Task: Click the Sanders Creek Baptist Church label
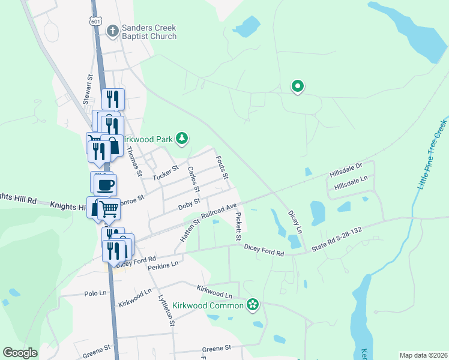(x=149, y=32)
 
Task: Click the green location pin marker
(x=297, y=86)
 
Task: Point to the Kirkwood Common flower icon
(x=253, y=305)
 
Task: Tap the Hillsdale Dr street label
(x=346, y=170)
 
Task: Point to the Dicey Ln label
(x=294, y=221)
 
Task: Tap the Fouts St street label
(x=222, y=167)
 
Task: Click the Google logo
(x=20, y=353)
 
